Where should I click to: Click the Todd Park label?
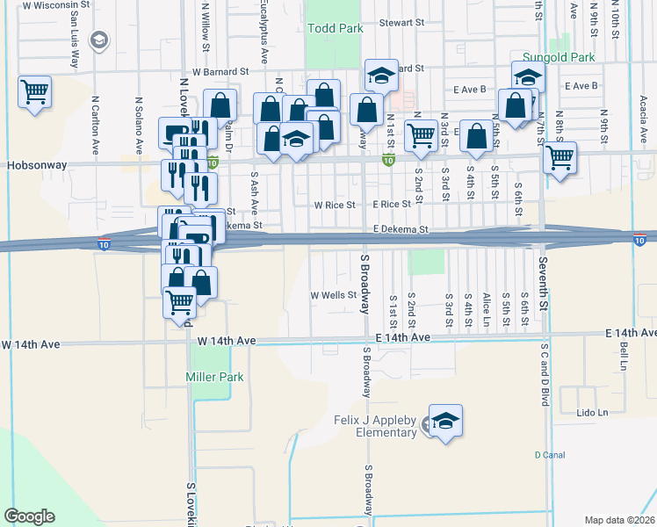tap(336, 29)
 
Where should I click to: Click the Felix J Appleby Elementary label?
tap(375, 426)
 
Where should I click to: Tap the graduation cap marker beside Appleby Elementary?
tap(445, 421)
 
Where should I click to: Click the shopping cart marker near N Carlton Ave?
tap(34, 92)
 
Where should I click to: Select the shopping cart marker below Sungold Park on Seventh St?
tap(560, 159)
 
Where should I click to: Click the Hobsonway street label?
tap(32, 164)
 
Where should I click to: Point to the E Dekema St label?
tap(399, 229)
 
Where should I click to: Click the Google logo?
tap(29, 516)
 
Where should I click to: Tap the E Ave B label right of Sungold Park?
tap(581, 86)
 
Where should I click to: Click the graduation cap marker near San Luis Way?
tap(100, 40)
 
